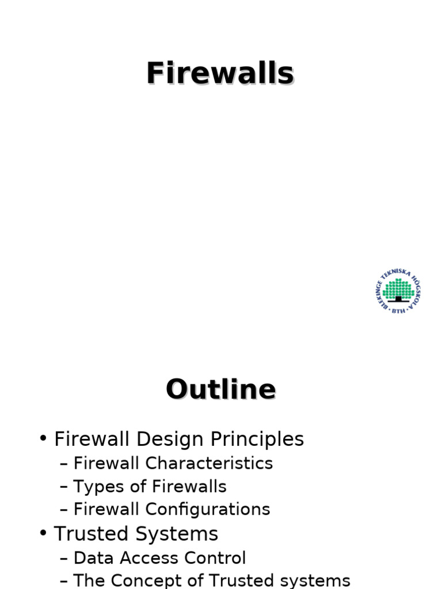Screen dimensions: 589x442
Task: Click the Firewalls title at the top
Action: coord(220,74)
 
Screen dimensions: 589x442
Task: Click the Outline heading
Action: coord(221,389)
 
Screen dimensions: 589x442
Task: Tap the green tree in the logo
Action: coord(398,288)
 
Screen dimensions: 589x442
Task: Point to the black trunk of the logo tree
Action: coord(398,299)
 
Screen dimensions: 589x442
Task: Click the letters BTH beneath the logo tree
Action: coord(398,311)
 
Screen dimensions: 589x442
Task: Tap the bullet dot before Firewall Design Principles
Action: coord(43,438)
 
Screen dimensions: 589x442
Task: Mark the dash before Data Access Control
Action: coord(64,558)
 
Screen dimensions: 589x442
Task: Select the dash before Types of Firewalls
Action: coord(64,487)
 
